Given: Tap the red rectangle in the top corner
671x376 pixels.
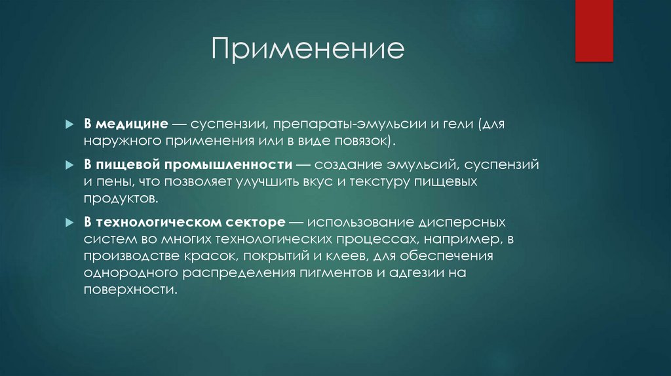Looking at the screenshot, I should pyautogui.click(x=594, y=30).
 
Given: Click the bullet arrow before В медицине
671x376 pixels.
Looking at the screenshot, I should pyautogui.click(x=69, y=124).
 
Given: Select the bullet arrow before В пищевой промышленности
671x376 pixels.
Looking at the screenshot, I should pyautogui.click(x=69, y=166).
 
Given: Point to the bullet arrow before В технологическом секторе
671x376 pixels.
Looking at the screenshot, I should pyautogui.click(x=69, y=223).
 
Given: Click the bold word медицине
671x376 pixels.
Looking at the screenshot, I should pyautogui.click(x=134, y=124).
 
